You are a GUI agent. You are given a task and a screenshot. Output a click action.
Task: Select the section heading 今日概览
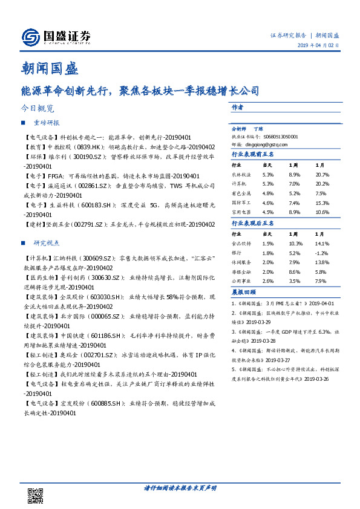[x=37, y=109]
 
